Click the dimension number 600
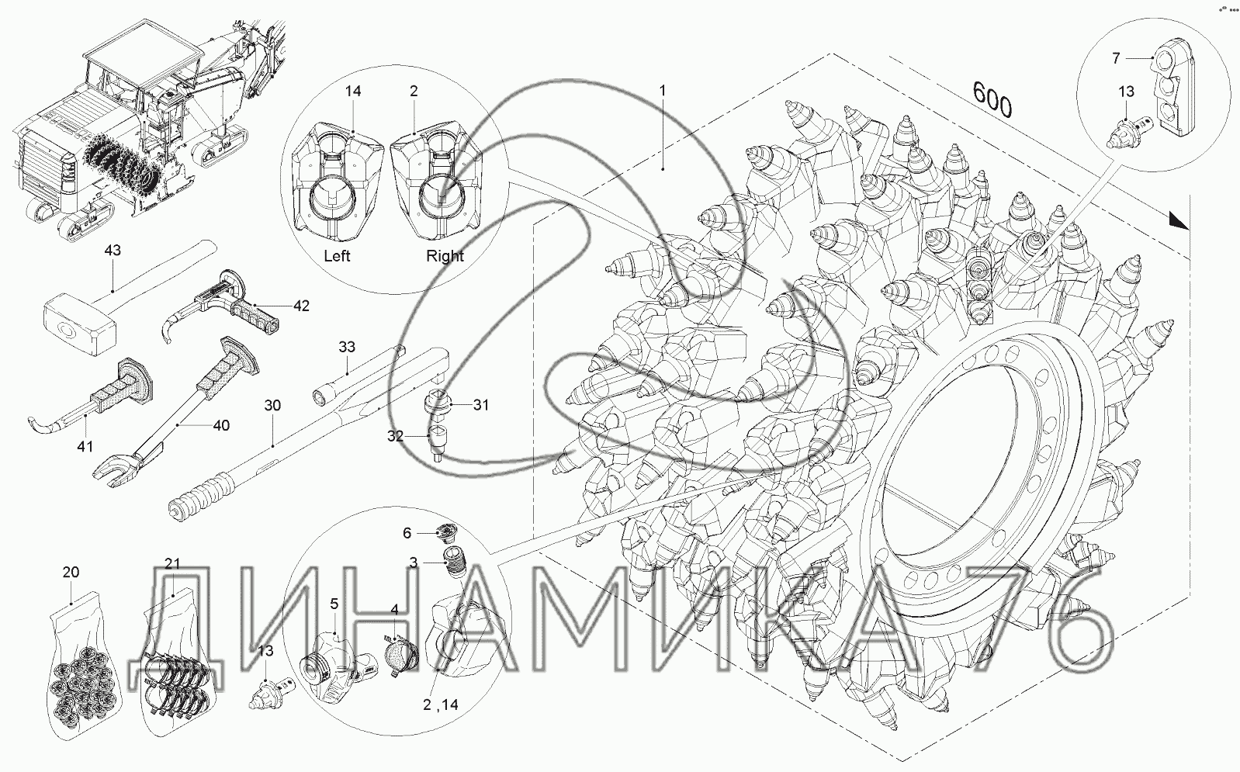992,100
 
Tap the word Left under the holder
337,256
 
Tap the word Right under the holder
445,256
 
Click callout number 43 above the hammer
113,250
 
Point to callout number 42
301,306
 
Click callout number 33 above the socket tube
347,347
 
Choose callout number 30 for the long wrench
272,405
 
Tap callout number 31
481,405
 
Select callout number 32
395,436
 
